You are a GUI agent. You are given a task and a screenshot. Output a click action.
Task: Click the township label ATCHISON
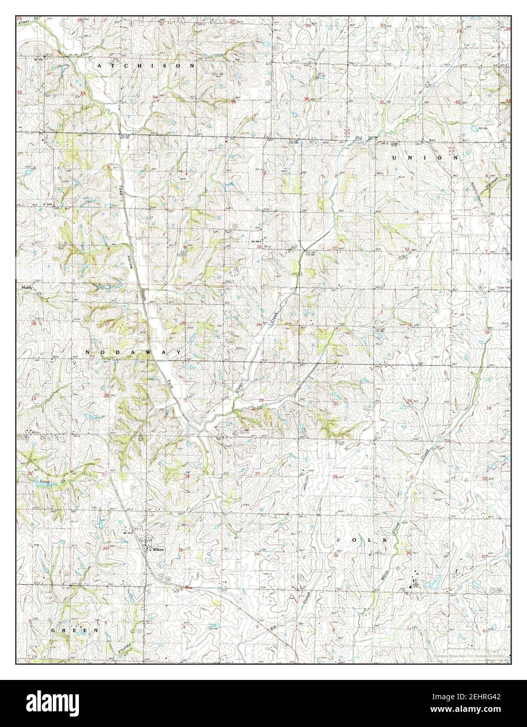145,66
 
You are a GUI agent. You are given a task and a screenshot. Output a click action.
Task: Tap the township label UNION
425,157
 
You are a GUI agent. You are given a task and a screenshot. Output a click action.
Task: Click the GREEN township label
74,631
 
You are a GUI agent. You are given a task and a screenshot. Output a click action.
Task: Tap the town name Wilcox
158,550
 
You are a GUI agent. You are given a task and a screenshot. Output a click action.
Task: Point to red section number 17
107,324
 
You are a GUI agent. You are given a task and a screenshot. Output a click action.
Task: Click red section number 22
261,400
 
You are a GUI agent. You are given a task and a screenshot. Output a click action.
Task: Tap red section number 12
407,249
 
